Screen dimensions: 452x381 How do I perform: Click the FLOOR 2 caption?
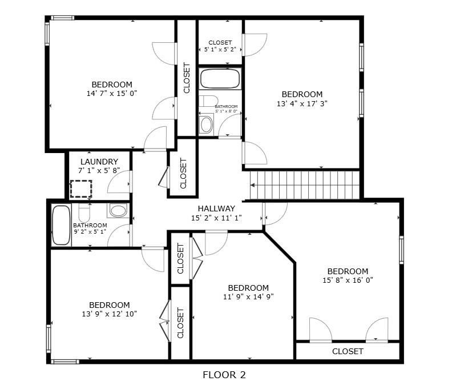coord(224,375)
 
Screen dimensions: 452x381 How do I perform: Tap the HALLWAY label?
coord(216,208)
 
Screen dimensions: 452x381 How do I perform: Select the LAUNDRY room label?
coord(99,162)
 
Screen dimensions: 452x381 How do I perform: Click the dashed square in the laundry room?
coord(81,189)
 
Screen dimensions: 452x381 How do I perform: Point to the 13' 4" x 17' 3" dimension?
coord(302,103)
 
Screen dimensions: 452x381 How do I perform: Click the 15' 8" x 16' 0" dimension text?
coord(348,280)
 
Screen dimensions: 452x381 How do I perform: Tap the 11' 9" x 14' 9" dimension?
coord(248,296)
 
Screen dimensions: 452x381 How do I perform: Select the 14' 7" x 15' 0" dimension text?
coord(112,94)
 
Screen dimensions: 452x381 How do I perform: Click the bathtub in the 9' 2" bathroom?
coord(62,225)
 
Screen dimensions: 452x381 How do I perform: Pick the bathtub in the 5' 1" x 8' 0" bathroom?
coord(220,78)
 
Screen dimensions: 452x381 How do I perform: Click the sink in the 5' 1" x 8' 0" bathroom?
coord(206,125)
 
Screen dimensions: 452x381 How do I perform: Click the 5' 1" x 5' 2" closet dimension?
coord(220,49)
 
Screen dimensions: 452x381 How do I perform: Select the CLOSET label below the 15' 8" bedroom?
coord(348,351)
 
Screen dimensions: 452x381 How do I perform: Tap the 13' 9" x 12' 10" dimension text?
coord(109,314)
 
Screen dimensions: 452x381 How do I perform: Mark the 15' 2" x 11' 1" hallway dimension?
coord(216,218)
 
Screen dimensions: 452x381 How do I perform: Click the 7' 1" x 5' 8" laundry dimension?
coord(99,170)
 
